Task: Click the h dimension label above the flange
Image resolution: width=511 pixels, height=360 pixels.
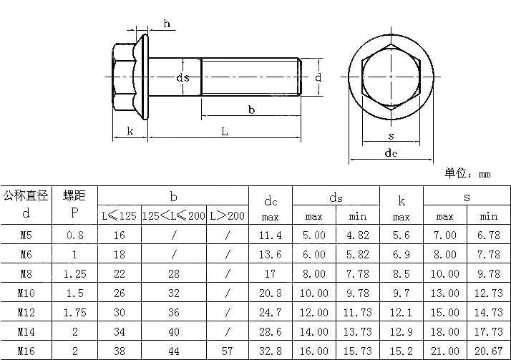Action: pyautogui.click(x=167, y=24)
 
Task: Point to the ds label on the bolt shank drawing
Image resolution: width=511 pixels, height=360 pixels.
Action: pyautogui.click(x=183, y=77)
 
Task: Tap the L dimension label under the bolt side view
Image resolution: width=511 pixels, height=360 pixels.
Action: pyautogui.click(x=224, y=131)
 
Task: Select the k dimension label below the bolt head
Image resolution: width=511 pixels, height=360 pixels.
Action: pyautogui.click(x=130, y=130)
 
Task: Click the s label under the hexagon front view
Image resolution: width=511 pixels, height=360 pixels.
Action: pyautogui.click(x=391, y=136)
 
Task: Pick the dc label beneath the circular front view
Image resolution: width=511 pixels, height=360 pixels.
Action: pyautogui.click(x=391, y=153)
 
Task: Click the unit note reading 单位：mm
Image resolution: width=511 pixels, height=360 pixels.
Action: pyautogui.click(x=467, y=174)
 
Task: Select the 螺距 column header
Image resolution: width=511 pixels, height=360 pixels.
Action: pyautogui.click(x=74, y=195)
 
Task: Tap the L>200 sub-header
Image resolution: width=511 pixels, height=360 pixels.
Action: pyautogui.click(x=227, y=215)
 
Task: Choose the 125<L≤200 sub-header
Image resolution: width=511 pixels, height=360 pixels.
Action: pyautogui.click(x=173, y=215)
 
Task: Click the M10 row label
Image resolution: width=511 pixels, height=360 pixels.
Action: pyautogui.click(x=26, y=293)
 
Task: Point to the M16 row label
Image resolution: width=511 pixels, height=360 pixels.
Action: pyautogui.click(x=26, y=351)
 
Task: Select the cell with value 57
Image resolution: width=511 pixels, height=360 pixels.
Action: pyautogui.click(x=227, y=351)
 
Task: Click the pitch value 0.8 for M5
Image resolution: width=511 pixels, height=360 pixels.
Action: pyautogui.click(x=74, y=235)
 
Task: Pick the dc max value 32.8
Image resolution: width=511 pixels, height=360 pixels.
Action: pyautogui.click(x=270, y=351)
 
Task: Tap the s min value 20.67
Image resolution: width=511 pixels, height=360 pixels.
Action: pyautogui.click(x=488, y=351)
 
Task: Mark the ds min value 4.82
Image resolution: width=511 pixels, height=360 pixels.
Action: pyautogui.click(x=357, y=235)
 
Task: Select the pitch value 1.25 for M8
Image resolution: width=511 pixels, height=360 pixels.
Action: pyautogui.click(x=74, y=273)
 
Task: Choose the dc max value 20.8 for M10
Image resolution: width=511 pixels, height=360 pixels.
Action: pyautogui.click(x=270, y=293)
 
